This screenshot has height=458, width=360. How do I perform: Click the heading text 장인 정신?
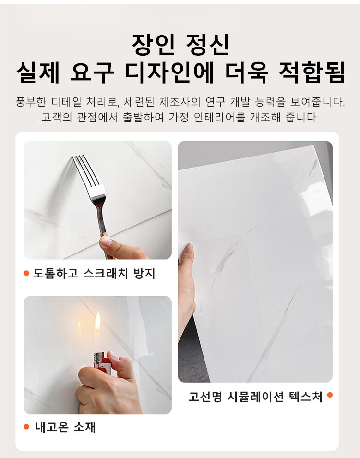point(180,45)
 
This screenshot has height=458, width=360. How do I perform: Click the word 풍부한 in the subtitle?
point(31,102)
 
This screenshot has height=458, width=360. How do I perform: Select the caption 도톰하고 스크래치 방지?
point(94,273)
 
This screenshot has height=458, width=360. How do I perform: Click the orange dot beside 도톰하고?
point(26,273)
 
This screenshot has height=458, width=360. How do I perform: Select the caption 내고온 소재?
point(65,427)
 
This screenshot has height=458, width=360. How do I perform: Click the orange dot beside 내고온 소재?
point(26,427)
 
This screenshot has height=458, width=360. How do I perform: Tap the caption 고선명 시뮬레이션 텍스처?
point(255,397)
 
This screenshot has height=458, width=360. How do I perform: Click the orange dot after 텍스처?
point(330,395)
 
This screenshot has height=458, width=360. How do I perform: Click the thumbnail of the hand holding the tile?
point(255,262)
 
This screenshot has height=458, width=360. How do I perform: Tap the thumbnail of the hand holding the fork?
point(97,200)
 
